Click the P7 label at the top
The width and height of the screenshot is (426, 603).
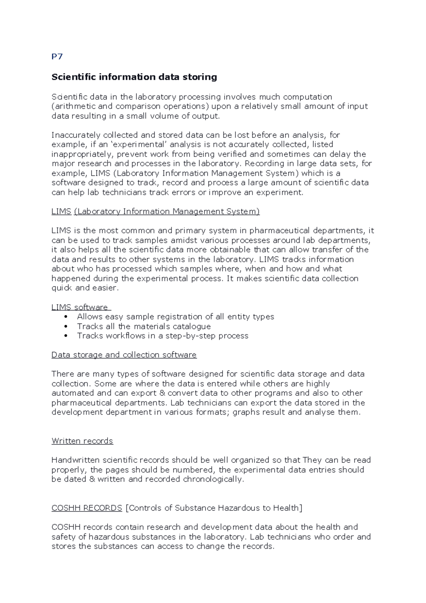[57, 57]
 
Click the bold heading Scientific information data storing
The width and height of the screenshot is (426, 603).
[134, 77]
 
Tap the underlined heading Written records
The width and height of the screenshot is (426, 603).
[82, 441]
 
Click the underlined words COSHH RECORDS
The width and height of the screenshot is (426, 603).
[87, 508]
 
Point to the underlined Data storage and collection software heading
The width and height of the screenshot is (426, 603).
[124, 355]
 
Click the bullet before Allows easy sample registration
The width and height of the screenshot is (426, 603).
[66, 317]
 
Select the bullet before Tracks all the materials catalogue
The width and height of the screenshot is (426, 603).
[66, 326]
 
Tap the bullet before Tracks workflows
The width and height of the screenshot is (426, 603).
[66, 336]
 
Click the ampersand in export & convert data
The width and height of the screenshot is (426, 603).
[162, 393]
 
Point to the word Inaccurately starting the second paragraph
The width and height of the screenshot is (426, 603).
[76, 135]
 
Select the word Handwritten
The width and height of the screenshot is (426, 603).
[76, 460]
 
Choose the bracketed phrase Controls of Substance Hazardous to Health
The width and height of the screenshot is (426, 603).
[214, 508]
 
